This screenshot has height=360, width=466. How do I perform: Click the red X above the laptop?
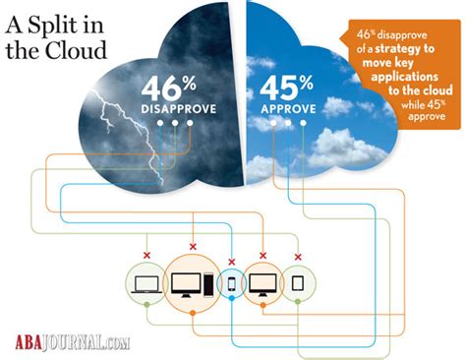click(146, 256)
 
